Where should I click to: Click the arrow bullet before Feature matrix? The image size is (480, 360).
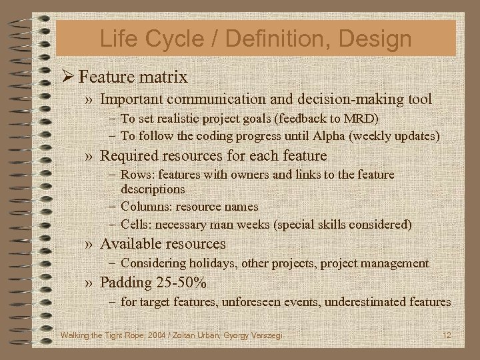(67, 76)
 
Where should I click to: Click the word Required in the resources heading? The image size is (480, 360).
(126, 155)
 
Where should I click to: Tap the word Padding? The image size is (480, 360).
(125, 283)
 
